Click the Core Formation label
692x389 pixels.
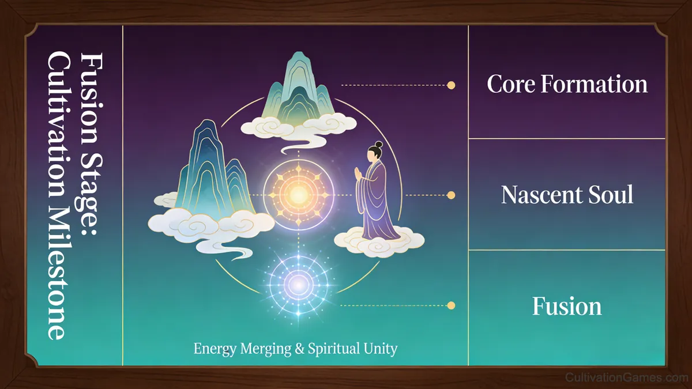point(567,84)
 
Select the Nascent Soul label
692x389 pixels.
point(567,195)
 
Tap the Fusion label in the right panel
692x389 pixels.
point(567,306)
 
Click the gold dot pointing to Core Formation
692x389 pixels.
point(451,85)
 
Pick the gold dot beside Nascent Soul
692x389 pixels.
point(451,195)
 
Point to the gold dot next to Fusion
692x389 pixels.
point(451,305)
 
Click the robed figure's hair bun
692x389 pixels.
point(379,145)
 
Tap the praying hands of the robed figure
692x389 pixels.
point(358,173)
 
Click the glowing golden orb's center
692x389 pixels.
point(299,195)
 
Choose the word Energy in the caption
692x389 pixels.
point(215,349)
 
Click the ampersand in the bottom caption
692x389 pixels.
point(299,349)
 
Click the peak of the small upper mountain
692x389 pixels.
point(298,52)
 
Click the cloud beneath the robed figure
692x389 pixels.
point(379,243)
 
